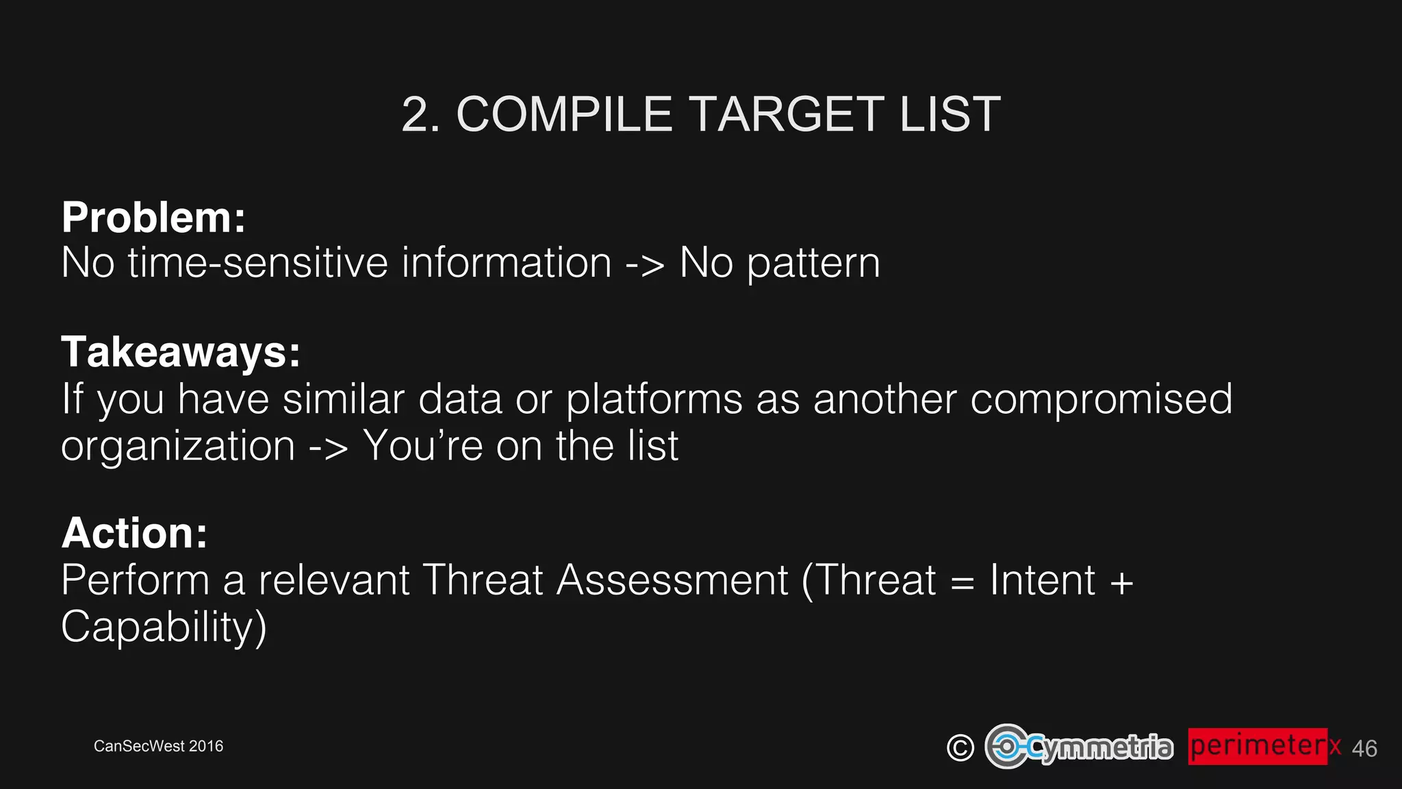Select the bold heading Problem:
[153, 217]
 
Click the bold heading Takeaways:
[181, 352]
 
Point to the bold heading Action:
[134, 533]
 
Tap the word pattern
[813, 264]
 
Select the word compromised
[1101, 400]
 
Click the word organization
[178, 447]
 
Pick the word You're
[423, 446]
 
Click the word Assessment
[672, 580]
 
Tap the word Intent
[1042, 580]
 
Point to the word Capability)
[164, 627]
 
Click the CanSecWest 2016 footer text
[158, 746]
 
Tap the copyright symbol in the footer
[960, 747]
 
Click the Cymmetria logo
[1079, 747]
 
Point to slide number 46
[1364, 749]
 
